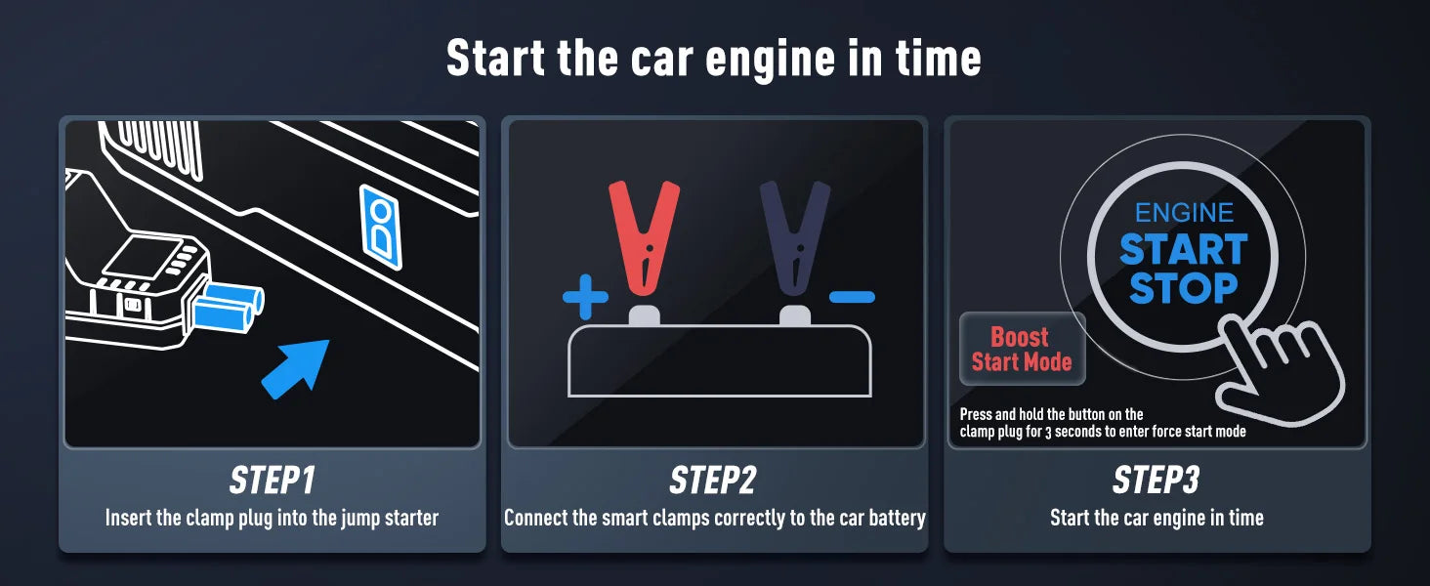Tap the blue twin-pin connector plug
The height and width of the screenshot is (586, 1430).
point(227,306)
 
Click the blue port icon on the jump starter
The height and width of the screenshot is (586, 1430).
point(381,227)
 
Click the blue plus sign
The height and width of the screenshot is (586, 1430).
point(585,296)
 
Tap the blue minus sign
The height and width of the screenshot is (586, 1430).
point(852,297)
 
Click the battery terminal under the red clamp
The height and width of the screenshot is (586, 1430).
point(644,315)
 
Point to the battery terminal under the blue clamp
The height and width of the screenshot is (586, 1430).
point(795,315)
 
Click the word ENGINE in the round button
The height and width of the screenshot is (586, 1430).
point(1184,213)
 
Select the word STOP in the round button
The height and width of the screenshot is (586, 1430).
point(1184,288)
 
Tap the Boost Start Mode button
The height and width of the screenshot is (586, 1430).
point(1022,350)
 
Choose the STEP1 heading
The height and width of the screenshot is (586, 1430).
point(272,481)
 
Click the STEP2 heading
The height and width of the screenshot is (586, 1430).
point(713,481)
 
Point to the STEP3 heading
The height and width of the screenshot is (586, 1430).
point(1156,481)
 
